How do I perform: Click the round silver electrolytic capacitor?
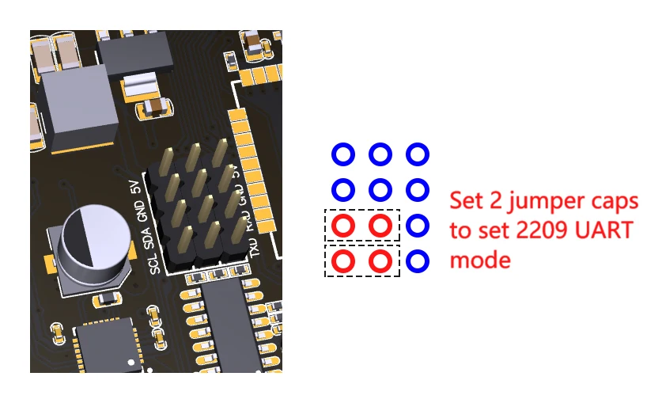coord(93,239)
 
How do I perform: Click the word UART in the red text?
coord(602,230)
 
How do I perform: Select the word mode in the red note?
coord(480,259)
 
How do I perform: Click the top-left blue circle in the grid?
coord(342,154)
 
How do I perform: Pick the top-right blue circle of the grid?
coord(418,154)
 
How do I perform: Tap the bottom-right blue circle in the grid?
coord(418,260)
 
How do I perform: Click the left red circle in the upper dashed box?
coord(342,226)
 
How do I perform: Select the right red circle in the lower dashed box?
coord(380,260)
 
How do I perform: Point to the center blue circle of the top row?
coord(380,154)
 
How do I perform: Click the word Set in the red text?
coord(466,200)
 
